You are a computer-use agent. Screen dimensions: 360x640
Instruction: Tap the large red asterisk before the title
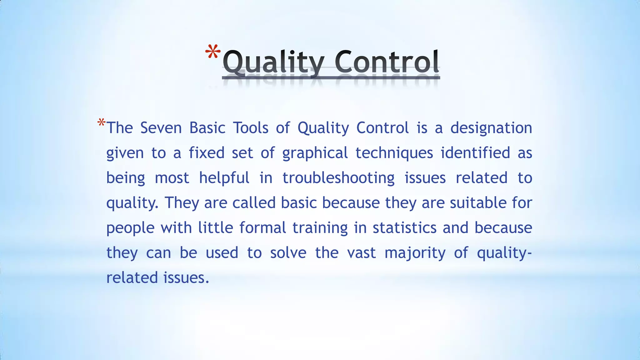pyautogui.click(x=213, y=52)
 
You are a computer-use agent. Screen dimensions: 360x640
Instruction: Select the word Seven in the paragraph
pyautogui.click(x=161, y=128)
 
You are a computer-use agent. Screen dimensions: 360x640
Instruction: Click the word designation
pyautogui.click(x=491, y=128)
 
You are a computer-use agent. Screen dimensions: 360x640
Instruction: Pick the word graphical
pyautogui.click(x=315, y=153)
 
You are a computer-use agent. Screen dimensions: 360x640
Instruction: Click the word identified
pyautogui.click(x=475, y=153)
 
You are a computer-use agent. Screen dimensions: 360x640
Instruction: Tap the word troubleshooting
pyautogui.click(x=338, y=178)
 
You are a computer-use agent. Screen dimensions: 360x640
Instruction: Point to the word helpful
pyautogui.click(x=224, y=178)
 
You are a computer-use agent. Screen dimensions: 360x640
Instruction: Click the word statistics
pyautogui.click(x=404, y=228)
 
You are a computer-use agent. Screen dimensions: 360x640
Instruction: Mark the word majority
pyautogui.click(x=415, y=253)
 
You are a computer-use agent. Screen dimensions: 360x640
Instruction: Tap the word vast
pyautogui.click(x=361, y=253)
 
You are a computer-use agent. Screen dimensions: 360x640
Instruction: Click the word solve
pyautogui.click(x=288, y=253)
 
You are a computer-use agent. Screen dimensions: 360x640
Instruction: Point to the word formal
pyautogui.click(x=262, y=228)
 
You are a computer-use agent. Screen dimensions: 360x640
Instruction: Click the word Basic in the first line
pyautogui.click(x=207, y=128)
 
